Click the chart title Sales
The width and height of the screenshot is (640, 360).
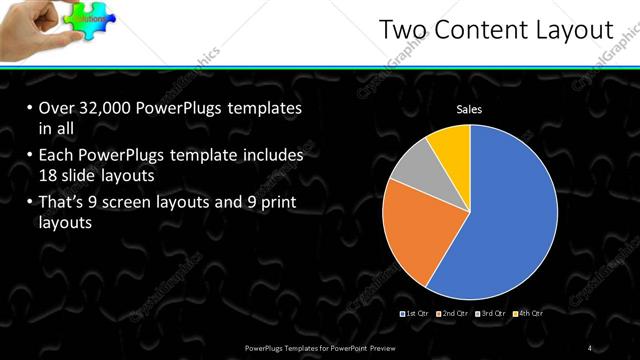click(469, 110)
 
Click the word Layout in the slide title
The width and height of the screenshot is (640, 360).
click(570, 31)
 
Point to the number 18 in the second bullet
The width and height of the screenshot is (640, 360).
click(50, 175)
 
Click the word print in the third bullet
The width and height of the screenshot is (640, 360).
click(276, 203)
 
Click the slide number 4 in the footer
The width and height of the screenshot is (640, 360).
click(590, 347)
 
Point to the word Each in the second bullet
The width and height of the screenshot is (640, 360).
click(57, 156)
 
